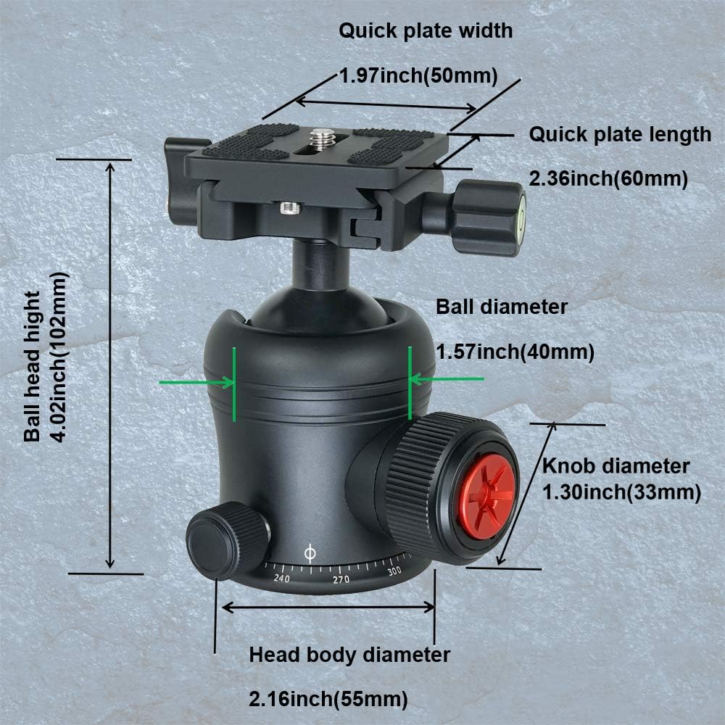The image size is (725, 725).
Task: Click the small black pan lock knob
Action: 227,540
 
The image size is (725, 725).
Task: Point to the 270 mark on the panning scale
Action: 341,579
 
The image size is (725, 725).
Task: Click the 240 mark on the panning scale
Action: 281,578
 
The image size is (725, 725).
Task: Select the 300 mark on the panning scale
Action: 394,571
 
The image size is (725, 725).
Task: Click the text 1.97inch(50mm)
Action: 418,75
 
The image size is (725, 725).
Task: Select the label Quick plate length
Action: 620,135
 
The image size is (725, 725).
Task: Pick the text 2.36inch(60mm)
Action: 608,178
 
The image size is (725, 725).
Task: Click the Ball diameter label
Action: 502,307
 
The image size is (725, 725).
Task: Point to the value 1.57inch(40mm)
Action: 515,352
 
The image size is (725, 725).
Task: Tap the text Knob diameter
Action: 616,465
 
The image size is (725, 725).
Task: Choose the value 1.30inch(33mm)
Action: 621,492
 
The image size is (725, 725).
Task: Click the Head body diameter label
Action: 349,655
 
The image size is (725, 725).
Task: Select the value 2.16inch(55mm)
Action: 328,699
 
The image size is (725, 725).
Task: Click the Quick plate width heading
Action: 426,30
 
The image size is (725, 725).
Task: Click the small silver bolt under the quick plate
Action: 291,209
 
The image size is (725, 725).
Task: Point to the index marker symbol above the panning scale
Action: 310,553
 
